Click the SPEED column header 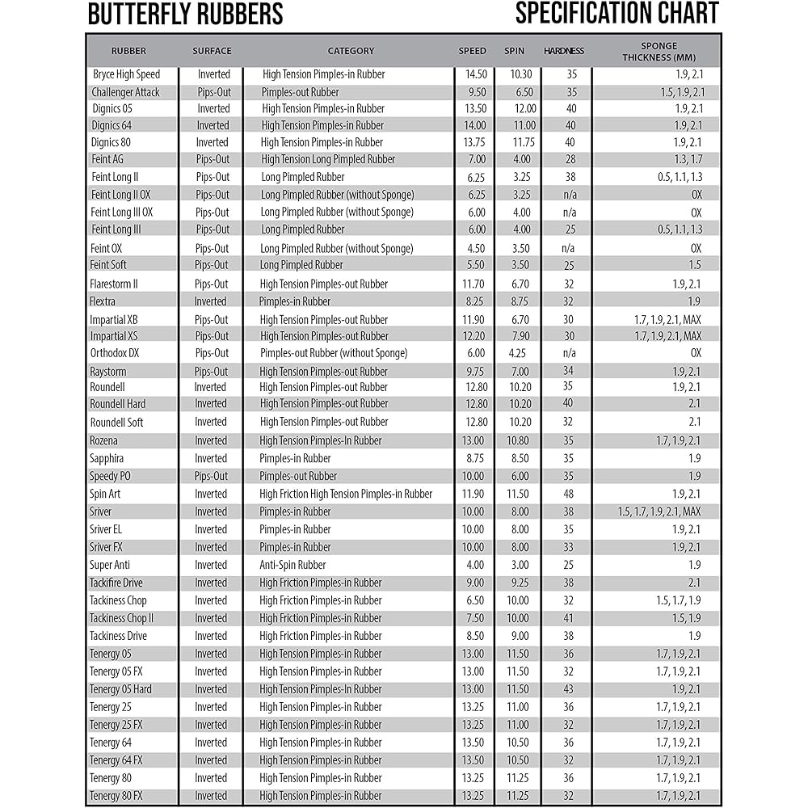(473, 51)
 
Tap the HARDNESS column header (564, 51)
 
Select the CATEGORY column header (351, 51)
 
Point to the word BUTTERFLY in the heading (139, 15)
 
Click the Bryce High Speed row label (126, 74)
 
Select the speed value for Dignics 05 (475, 108)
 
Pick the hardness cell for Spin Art (569, 494)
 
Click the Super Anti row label (110, 565)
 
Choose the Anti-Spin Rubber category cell (292, 565)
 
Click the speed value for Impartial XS (475, 336)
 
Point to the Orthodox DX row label (115, 353)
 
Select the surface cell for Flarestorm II (212, 284)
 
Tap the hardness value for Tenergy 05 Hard (569, 689)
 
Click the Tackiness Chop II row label (121, 618)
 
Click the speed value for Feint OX (476, 248)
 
